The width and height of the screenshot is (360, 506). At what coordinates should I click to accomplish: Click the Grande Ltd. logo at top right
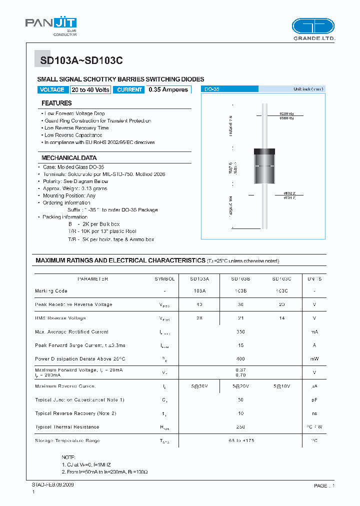[x=313, y=29]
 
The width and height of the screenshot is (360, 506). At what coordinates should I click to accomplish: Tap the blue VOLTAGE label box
[x=52, y=90]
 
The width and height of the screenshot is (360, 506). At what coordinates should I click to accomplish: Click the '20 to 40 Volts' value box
[x=90, y=90]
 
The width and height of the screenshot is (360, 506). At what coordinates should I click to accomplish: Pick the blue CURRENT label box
[x=129, y=90]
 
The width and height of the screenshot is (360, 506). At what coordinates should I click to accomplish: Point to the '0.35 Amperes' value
[x=169, y=90]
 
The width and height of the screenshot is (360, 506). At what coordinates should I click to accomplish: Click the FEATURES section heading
[x=56, y=103]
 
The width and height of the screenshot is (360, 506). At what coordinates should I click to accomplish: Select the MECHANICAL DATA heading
[x=69, y=158]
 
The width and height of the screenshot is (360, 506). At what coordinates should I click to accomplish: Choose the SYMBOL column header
[x=164, y=279]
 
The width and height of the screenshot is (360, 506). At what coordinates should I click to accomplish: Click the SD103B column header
[x=240, y=279]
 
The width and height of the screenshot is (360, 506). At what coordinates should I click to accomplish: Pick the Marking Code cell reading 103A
[x=199, y=291]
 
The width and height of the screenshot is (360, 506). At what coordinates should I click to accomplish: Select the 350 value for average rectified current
[x=240, y=332]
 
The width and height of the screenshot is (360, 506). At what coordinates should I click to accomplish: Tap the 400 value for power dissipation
[x=240, y=359]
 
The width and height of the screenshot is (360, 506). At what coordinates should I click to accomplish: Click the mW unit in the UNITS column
[x=314, y=359]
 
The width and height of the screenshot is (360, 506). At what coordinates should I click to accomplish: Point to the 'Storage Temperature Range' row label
[x=67, y=441]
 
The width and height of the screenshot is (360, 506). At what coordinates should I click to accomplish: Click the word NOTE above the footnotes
[x=68, y=457]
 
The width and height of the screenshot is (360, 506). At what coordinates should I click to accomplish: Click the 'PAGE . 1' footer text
[x=324, y=486]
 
